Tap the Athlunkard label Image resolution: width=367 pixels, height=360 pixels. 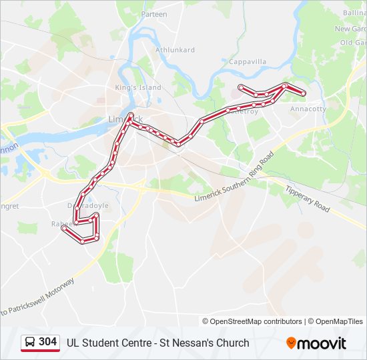click(175, 49)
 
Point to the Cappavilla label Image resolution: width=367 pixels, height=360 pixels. click(248, 61)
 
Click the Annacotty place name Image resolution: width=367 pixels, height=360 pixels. click(308, 109)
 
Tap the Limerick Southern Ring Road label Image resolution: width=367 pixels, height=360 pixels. click(234, 179)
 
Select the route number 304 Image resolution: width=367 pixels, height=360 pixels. click(47, 342)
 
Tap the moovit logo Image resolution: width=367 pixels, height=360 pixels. click(316, 343)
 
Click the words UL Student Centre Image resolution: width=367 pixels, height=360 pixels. click(104, 343)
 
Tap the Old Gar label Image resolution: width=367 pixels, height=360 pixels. click(353, 43)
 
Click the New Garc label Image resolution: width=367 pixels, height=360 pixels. click(350, 29)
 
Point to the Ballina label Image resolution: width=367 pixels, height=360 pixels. click(354, 13)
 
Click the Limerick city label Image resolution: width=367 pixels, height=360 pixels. click(121, 119)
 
